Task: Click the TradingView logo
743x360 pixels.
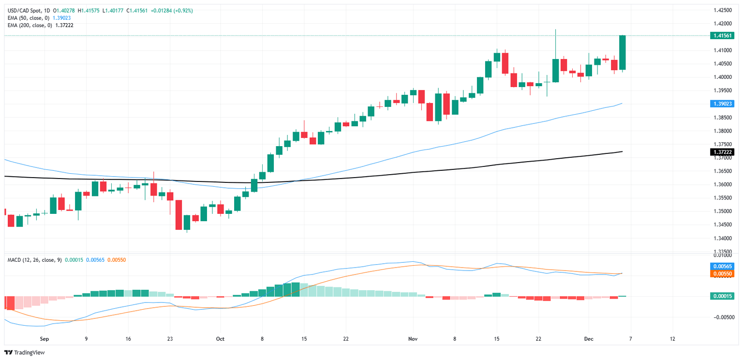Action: (24, 352)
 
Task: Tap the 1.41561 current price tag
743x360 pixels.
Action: (722, 36)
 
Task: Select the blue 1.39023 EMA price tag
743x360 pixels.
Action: (722, 104)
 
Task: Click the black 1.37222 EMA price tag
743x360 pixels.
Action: (722, 152)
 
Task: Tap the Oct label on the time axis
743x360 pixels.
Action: (220, 339)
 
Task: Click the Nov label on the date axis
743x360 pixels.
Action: (413, 339)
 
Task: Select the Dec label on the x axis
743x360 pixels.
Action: (589, 339)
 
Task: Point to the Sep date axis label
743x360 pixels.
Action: (44, 339)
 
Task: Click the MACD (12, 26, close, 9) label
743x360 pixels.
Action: (34, 260)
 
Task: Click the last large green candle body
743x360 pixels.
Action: (623, 52)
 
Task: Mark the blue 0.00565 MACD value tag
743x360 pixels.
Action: (722, 266)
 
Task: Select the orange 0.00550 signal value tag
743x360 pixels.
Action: (722, 273)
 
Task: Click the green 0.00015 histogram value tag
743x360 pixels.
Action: (722, 296)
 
